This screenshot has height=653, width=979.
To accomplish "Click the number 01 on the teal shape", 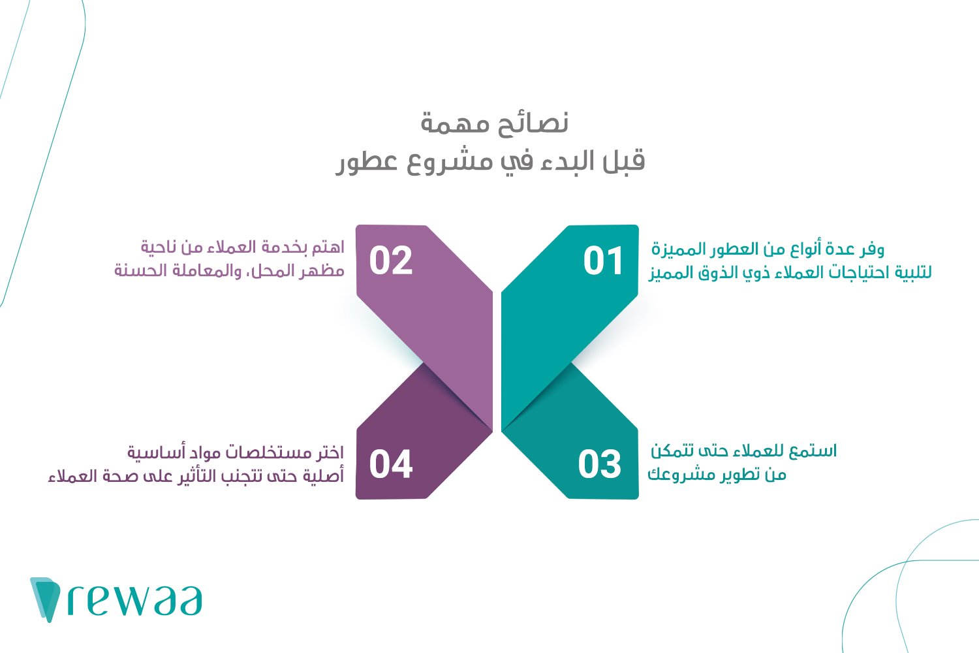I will [604, 261].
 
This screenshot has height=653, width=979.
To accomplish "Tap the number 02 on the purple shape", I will [391, 261].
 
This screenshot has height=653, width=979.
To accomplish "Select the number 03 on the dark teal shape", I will [600, 464].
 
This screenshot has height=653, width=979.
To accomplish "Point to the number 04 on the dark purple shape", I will [391, 464].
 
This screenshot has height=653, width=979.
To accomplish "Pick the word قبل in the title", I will [622, 161].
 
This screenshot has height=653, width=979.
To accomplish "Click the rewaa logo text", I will [135, 601].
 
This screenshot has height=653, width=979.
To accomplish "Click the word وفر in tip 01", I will [872, 249].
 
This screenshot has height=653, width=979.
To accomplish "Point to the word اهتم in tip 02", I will [328, 247].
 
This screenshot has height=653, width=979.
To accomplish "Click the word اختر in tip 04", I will [330, 453].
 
